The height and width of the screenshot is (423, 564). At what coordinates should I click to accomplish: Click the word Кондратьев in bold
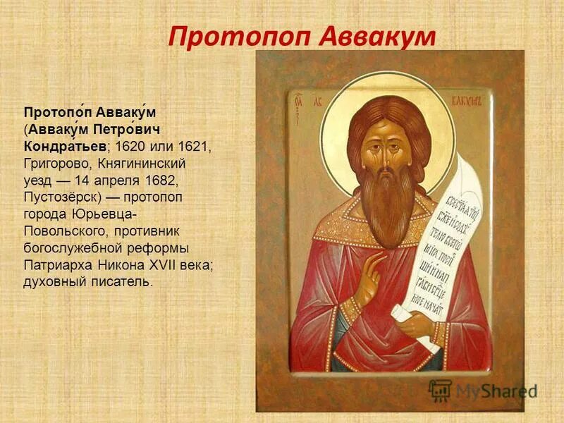66,145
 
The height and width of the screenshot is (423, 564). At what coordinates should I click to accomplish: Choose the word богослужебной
65,247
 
